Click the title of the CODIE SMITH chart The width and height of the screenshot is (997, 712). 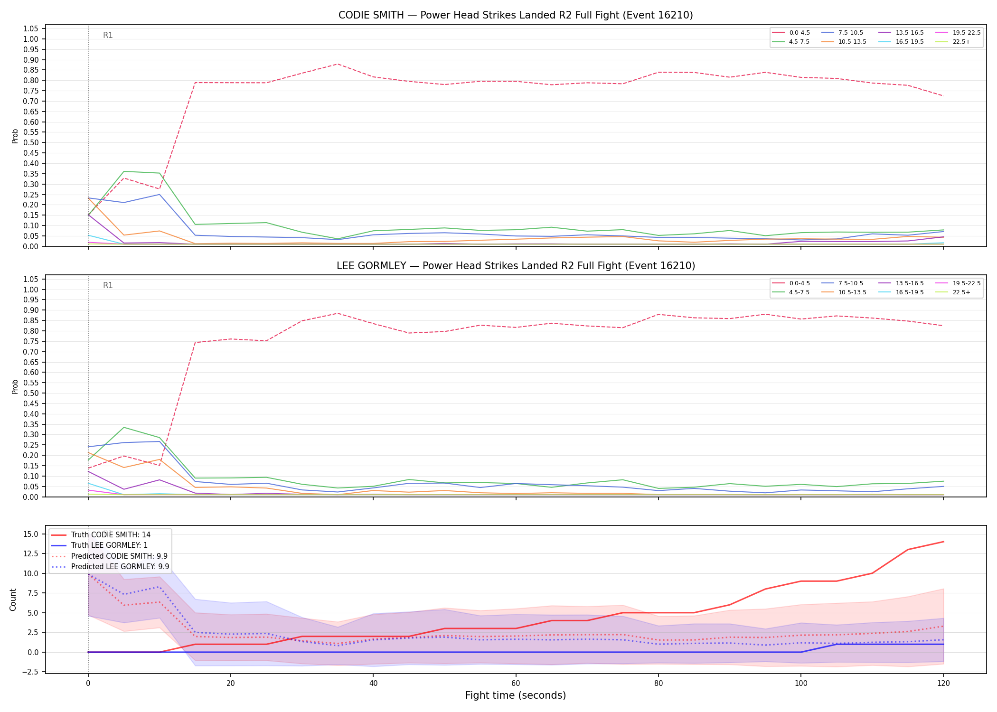(x=516, y=15)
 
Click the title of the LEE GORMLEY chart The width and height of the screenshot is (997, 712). (x=516, y=266)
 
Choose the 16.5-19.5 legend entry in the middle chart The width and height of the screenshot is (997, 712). (x=901, y=292)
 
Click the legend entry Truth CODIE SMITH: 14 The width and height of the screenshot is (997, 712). (x=101, y=535)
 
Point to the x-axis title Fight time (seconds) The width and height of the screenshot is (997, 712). (x=516, y=695)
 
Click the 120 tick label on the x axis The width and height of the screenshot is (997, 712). (x=943, y=684)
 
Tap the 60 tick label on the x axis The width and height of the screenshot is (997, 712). (x=516, y=684)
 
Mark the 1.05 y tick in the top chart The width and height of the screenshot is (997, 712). (x=30, y=29)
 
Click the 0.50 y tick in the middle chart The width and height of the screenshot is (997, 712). (x=30, y=393)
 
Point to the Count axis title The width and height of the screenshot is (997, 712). (x=13, y=600)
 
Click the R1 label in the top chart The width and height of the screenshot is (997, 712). (x=108, y=35)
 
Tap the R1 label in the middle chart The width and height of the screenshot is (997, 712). (x=108, y=285)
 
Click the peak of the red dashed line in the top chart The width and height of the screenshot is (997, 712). (x=337, y=64)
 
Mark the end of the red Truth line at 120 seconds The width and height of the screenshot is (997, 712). (x=943, y=542)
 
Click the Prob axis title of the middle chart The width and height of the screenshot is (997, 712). (x=15, y=386)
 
